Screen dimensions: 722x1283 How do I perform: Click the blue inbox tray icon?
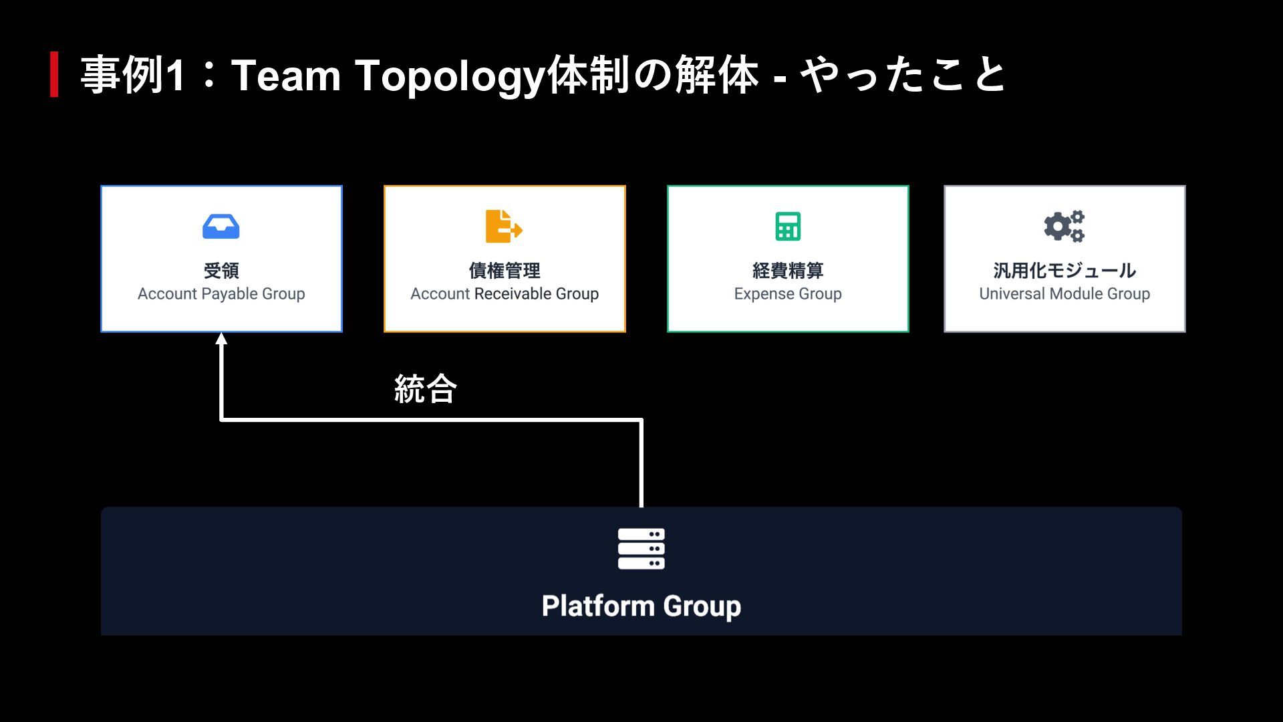[221, 227]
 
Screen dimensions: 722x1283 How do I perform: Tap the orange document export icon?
[503, 226]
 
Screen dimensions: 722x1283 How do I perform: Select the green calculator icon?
[788, 226]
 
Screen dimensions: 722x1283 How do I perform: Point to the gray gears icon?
[1064, 226]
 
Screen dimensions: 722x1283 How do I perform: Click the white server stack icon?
[641, 548]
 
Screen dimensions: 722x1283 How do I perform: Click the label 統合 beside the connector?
[426, 389]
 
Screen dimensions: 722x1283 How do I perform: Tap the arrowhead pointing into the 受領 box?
[221, 339]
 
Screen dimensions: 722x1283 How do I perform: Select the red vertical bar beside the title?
[54, 74]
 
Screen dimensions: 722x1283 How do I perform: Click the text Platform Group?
[641, 606]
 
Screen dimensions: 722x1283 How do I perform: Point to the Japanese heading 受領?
[221, 271]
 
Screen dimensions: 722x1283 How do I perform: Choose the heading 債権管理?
[505, 271]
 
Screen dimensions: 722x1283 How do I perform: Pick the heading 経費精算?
[788, 271]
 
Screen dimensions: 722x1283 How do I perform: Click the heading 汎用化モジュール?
[1064, 271]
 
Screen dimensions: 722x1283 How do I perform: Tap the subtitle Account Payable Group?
[221, 294]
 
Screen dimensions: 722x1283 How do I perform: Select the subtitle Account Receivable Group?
[505, 294]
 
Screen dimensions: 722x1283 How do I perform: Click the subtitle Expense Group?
[788, 294]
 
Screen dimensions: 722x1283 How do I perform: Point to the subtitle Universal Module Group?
[1064, 294]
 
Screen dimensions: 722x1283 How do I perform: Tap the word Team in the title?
[286, 75]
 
